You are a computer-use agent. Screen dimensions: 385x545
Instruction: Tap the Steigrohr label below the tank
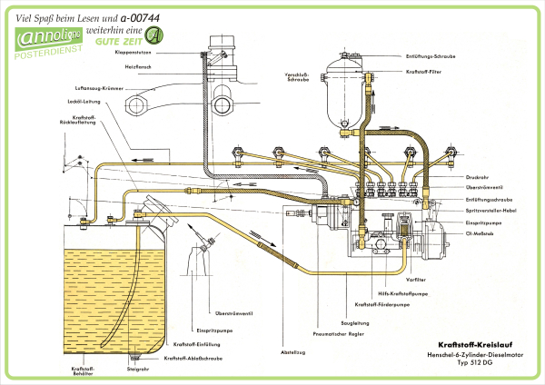point(137,370)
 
